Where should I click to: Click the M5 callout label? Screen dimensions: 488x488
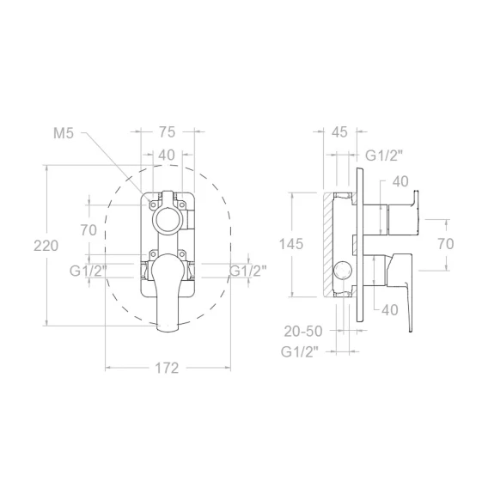pyautogui.click(x=64, y=133)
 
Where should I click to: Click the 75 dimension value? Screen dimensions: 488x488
pyautogui.click(x=168, y=132)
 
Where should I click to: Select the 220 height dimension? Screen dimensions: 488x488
pyautogui.click(x=46, y=246)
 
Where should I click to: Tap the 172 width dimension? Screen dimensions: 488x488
pyautogui.click(x=167, y=369)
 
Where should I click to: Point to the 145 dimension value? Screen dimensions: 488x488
pyautogui.click(x=291, y=244)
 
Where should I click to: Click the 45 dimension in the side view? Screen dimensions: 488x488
pyautogui.click(x=339, y=132)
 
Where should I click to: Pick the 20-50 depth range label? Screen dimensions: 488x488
pyautogui.click(x=303, y=332)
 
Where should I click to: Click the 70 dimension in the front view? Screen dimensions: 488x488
pyautogui.click(x=88, y=230)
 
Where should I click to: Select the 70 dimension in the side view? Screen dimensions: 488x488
pyautogui.click(x=446, y=244)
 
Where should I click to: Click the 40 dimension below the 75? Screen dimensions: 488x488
pyautogui.click(x=167, y=155)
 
